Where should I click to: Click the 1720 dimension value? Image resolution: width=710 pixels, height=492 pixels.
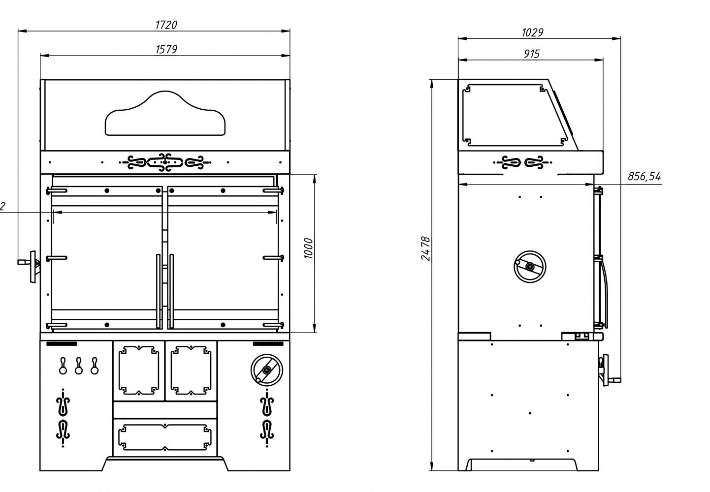click(x=166, y=25)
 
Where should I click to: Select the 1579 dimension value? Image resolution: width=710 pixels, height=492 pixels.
click(x=166, y=49)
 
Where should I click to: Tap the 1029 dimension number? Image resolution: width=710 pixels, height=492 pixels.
click(x=533, y=32)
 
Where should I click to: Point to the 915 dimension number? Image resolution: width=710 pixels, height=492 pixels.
click(x=532, y=54)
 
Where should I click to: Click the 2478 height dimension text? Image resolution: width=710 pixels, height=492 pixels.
click(x=426, y=248)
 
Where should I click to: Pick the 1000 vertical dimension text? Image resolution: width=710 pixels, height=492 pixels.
click(x=308, y=248)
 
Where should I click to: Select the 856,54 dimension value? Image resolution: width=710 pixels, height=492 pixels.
click(x=645, y=176)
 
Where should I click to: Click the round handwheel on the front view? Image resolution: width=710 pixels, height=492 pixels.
click(x=266, y=370)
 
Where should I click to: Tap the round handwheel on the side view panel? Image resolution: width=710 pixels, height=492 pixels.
click(x=530, y=267)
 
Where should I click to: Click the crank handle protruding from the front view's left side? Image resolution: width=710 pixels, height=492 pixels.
click(x=31, y=267)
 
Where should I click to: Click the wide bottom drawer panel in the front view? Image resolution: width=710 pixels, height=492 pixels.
click(x=165, y=437)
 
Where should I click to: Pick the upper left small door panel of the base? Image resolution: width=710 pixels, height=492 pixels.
click(x=139, y=370)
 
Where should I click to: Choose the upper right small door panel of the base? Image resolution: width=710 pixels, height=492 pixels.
click(x=191, y=370)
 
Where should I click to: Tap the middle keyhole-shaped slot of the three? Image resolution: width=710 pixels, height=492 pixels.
click(x=79, y=366)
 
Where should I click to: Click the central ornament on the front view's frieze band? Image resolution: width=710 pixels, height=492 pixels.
click(x=165, y=162)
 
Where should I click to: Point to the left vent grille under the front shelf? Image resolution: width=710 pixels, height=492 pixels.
click(x=62, y=344)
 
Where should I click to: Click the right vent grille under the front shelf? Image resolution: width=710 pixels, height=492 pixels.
click(x=268, y=344)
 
